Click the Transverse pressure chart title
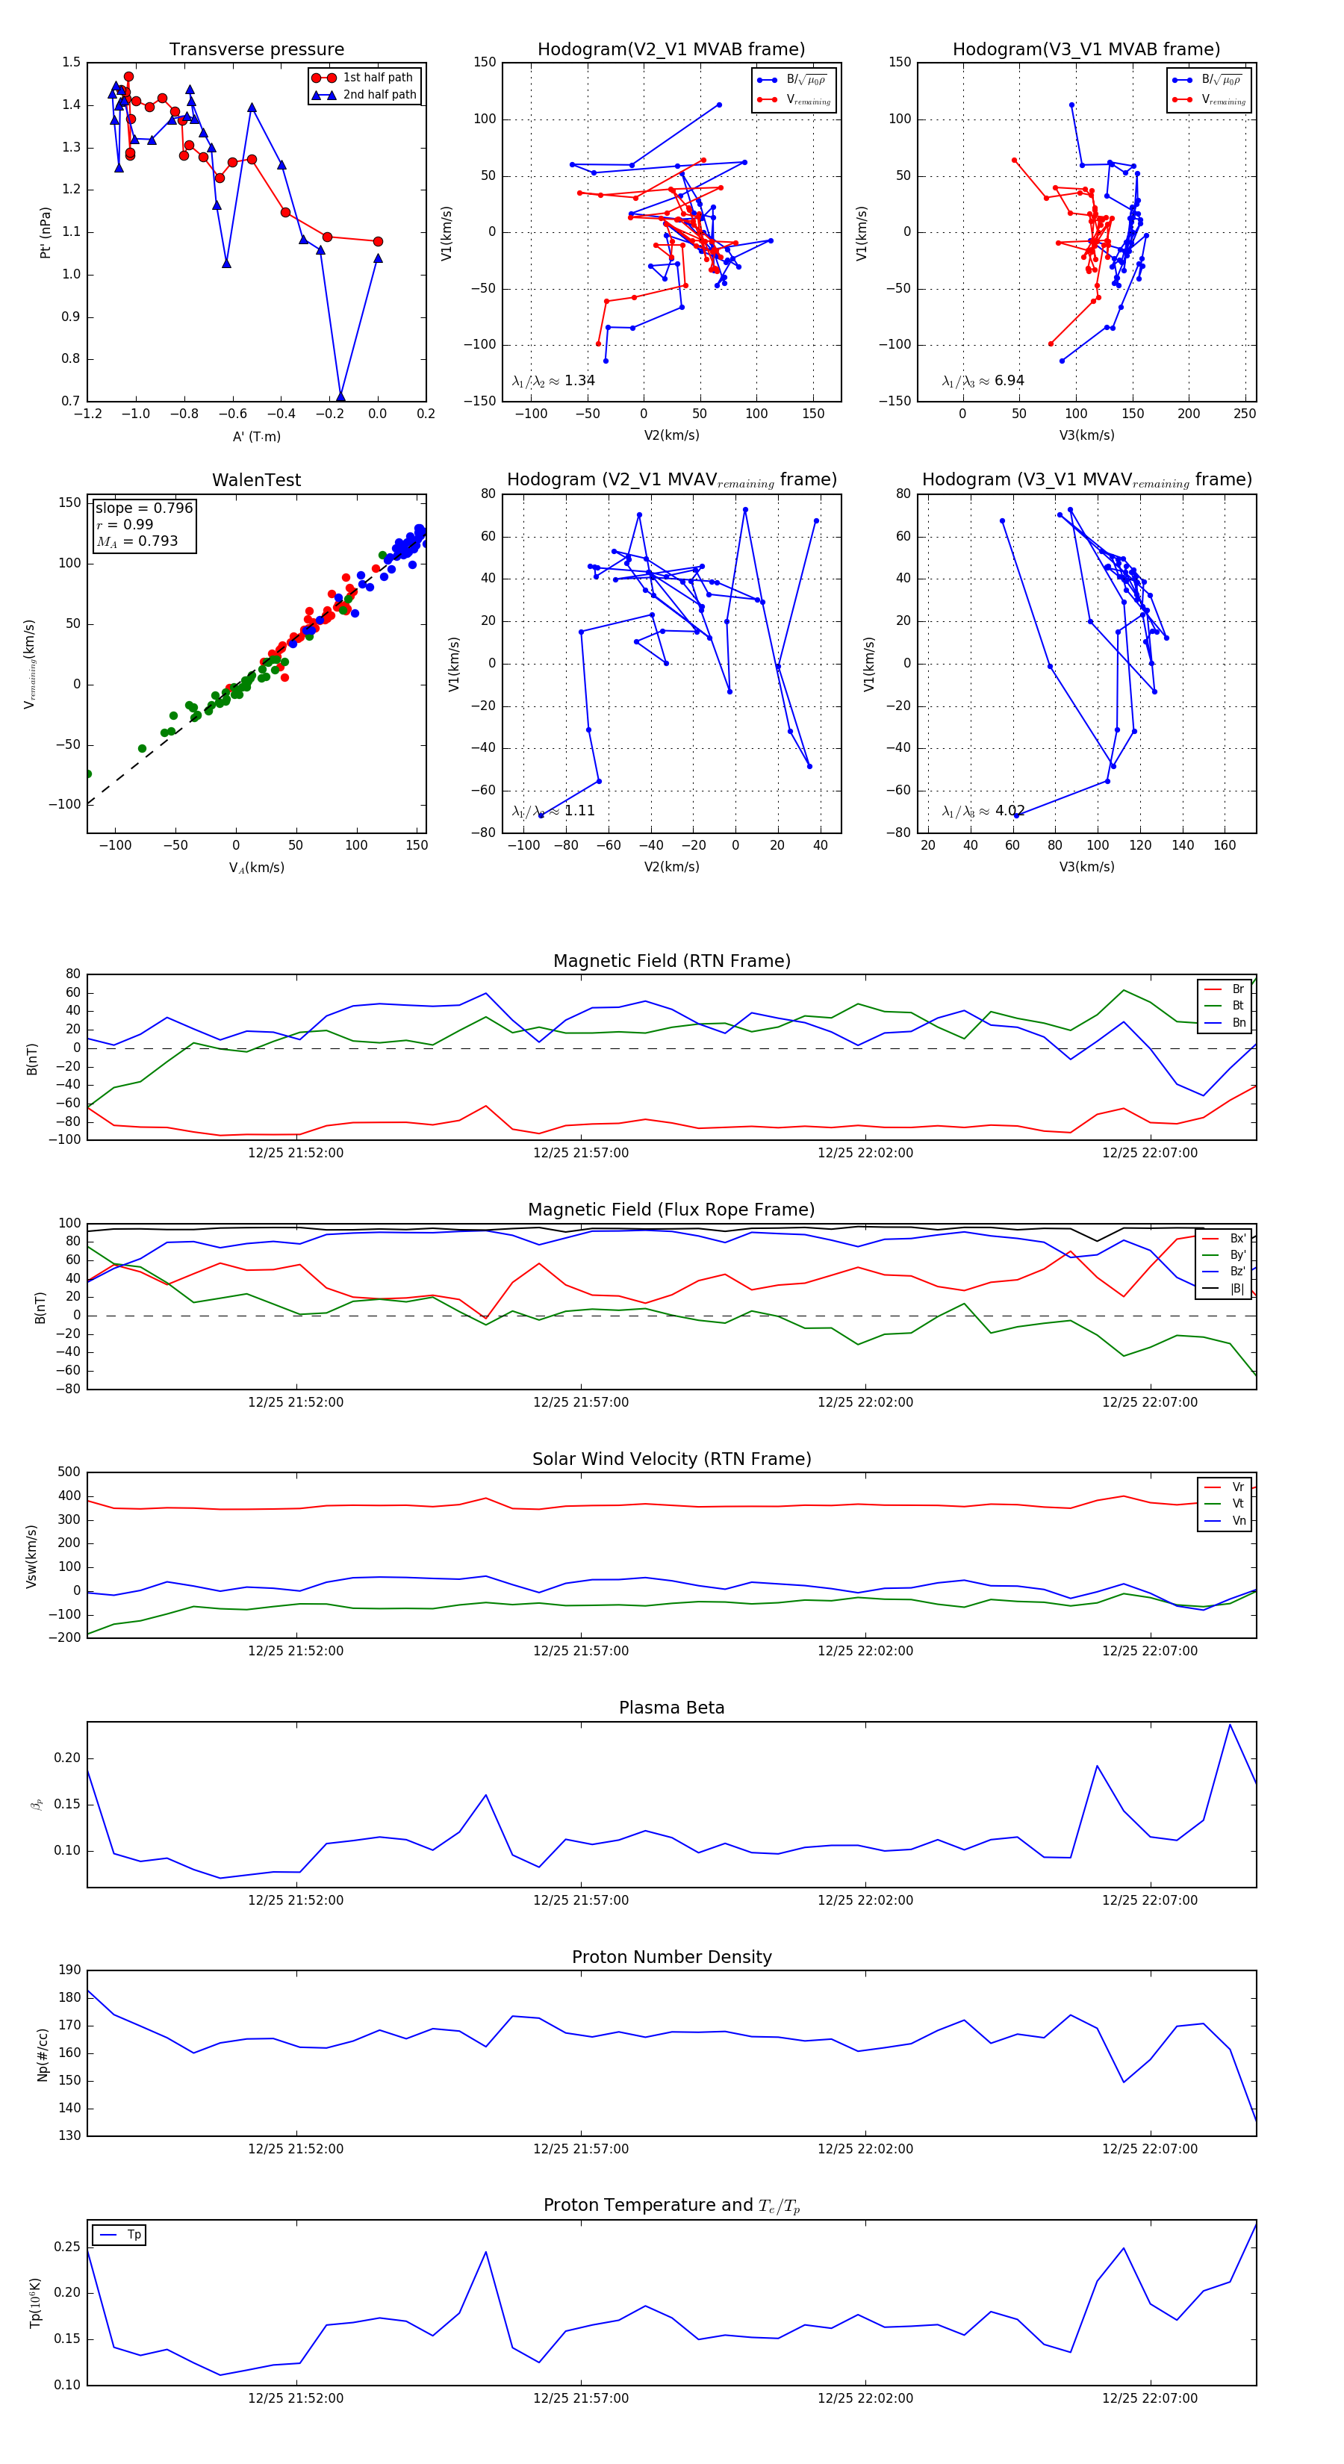tap(256, 50)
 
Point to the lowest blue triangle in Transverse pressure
tap(340, 397)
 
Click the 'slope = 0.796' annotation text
tap(143, 508)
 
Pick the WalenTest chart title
tap(256, 480)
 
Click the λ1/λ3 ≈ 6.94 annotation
tap(983, 381)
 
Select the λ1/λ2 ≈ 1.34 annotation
tap(553, 381)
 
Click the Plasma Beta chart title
tap(671, 1708)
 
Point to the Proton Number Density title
tap(671, 1957)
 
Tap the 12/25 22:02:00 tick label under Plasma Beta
tap(865, 1900)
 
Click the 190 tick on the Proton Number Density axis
tap(70, 1970)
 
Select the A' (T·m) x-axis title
tap(256, 437)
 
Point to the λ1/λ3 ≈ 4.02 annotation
tap(983, 811)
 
